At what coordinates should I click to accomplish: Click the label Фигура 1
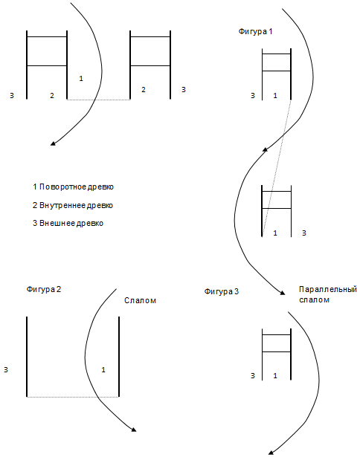(x=255, y=31)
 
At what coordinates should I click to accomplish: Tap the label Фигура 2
(x=44, y=289)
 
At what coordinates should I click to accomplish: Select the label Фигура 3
(x=222, y=291)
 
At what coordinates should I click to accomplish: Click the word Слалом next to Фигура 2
(x=140, y=300)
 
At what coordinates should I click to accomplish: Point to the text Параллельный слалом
(x=328, y=295)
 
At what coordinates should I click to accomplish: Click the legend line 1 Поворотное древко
(x=73, y=187)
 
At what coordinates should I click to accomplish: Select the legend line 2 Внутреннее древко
(x=73, y=206)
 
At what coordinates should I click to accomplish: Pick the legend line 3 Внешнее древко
(x=68, y=224)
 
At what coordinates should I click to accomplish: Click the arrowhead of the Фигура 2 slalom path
(x=134, y=429)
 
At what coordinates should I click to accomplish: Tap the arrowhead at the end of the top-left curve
(x=53, y=143)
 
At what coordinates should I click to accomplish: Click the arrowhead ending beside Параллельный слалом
(x=282, y=293)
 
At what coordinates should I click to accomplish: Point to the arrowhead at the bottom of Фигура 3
(x=271, y=453)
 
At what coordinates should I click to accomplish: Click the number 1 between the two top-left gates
(x=81, y=79)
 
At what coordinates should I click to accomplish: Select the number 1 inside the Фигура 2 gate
(x=103, y=370)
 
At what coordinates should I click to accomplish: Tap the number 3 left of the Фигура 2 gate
(x=6, y=370)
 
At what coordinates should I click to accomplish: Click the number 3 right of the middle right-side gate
(x=304, y=233)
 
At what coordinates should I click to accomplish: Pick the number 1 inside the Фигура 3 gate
(x=275, y=376)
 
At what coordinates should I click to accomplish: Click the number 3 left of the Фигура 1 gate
(x=253, y=96)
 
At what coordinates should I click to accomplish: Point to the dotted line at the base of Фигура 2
(x=73, y=397)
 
